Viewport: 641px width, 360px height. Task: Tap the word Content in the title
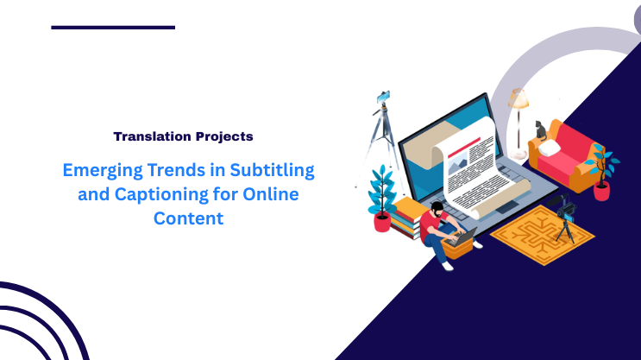click(188, 218)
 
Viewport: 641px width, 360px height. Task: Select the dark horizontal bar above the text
click(112, 28)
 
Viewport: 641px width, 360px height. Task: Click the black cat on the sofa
click(539, 129)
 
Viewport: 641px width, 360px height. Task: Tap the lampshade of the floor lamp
click(518, 98)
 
